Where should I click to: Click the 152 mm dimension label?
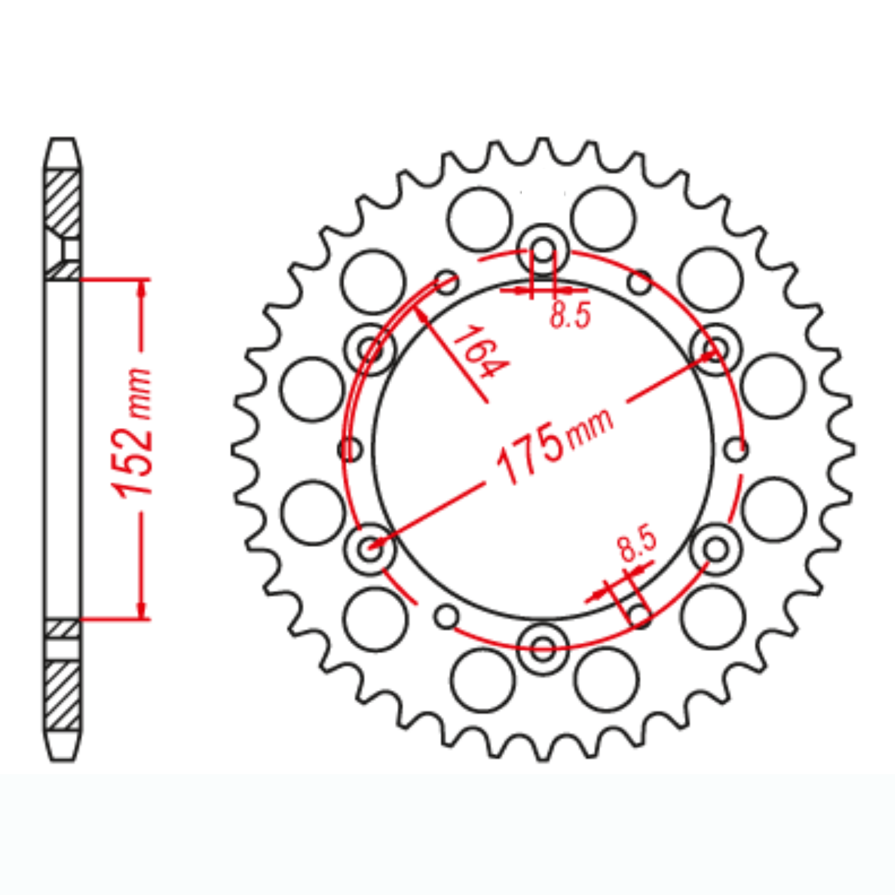click(x=133, y=432)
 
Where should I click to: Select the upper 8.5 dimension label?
click(x=570, y=314)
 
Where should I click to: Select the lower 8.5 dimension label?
click(x=637, y=543)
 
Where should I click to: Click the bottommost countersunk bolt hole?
click(x=542, y=649)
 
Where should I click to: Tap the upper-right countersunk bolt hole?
click(x=716, y=348)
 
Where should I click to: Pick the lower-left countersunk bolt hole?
click(x=369, y=547)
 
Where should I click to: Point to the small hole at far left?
click(x=351, y=449)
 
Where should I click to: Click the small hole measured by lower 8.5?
click(x=639, y=615)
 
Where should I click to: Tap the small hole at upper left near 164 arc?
click(x=446, y=282)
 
